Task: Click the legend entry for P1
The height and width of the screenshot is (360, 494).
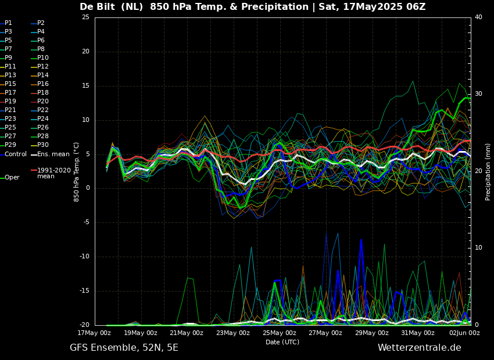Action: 8,23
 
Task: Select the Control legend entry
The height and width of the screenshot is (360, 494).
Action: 15,154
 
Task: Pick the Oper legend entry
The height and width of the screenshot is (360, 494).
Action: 12,178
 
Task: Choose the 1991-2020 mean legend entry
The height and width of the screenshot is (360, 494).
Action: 53,173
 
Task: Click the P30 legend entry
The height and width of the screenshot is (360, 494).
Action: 43,145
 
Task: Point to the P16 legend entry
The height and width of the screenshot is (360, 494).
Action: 43,84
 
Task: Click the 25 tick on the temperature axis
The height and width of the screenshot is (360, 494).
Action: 85,17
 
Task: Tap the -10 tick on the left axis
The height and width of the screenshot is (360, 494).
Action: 84,257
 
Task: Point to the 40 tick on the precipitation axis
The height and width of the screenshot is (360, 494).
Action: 478,17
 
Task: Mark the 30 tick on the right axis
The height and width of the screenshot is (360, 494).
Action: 478,94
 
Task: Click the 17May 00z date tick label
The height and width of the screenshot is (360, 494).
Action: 95,333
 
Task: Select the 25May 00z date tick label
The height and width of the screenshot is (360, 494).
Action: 279,333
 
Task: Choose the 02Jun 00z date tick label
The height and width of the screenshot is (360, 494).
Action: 463,333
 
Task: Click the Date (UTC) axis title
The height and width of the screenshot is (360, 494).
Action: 282,342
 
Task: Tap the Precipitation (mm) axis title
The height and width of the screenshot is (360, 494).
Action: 488,172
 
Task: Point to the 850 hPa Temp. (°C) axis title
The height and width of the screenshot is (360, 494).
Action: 77,172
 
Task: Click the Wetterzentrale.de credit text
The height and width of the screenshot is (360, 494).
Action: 419,348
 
